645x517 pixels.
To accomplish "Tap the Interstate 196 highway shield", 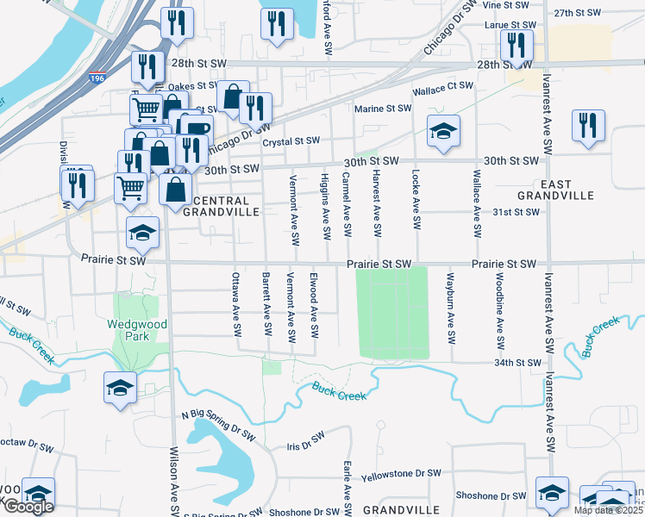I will pos(91,79).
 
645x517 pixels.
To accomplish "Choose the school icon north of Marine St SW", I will pos(444,131).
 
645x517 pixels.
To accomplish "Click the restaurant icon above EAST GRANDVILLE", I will pos(588,123).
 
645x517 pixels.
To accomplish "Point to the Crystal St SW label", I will pos(291,140).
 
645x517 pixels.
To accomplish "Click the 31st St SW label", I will pos(516,212).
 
